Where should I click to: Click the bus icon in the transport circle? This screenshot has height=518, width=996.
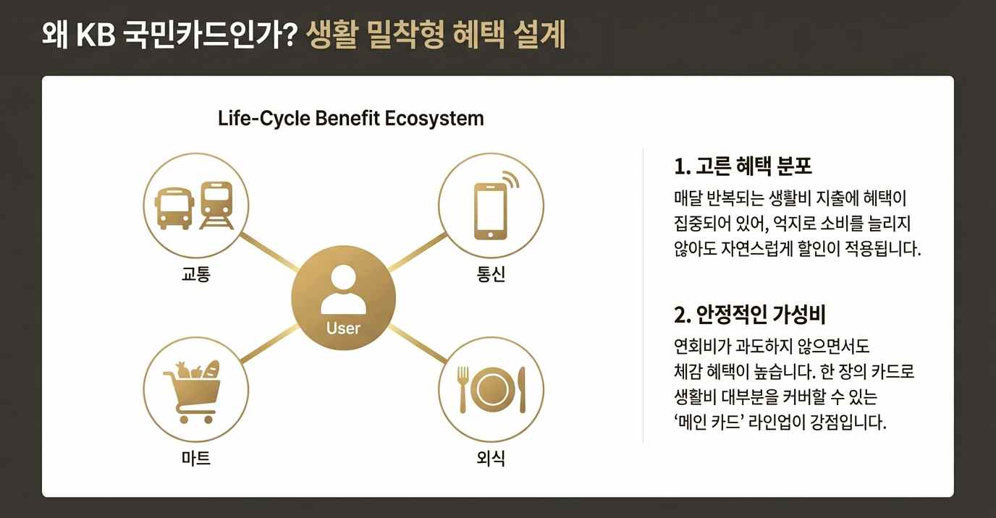coord(174,207)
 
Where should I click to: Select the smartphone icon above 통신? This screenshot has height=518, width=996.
coord(490,211)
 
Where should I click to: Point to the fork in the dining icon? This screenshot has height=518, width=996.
coord(463,388)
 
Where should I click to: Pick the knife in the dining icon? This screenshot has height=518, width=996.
coord(522,389)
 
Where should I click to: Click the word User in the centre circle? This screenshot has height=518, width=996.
coord(343,328)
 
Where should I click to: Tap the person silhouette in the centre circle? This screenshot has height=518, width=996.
coord(343,290)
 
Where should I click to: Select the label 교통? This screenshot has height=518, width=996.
coord(195,275)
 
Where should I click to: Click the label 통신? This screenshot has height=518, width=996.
coord(491,275)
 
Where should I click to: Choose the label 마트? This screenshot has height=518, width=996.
coord(195,458)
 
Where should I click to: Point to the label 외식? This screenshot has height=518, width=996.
coord(491,458)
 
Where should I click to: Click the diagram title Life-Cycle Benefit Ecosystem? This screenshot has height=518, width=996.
coord(350,118)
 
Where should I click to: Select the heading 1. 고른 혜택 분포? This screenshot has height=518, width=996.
coord(743,166)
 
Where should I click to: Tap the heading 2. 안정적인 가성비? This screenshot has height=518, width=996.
coord(750,315)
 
